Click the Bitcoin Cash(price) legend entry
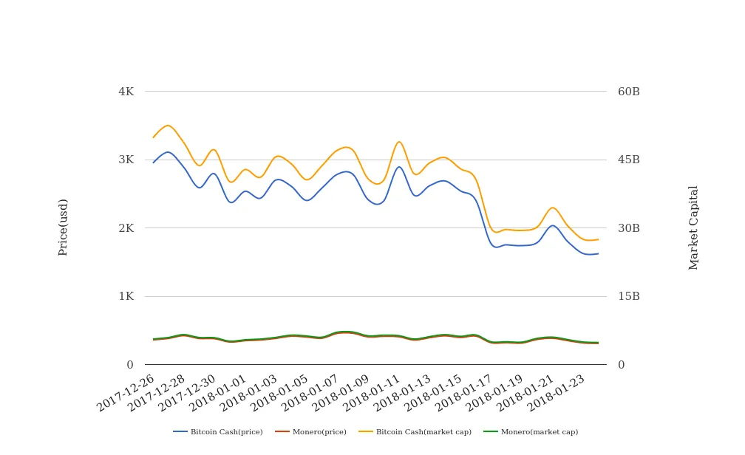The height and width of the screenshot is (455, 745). click(x=218, y=432)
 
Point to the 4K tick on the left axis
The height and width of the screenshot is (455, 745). click(x=126, y=92)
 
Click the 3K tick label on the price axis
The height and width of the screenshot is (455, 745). click(x=126, y=160)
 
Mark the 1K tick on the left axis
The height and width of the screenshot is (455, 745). click(x=126, y=296)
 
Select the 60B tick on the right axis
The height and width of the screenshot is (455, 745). click(x=629, y=92)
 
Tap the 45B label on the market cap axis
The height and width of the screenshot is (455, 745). click(x=629, y=160)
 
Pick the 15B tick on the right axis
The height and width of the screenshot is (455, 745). click(x=629, y=296)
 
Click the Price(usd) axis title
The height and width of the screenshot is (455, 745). click(x=64, y=227)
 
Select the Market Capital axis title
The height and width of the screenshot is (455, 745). click(x=694, y=227)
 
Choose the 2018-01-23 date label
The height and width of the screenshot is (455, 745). click(x=557, y=392)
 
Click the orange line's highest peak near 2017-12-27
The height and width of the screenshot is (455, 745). click(x=169, y=126)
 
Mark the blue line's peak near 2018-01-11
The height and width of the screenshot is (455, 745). click(x=399, y=166)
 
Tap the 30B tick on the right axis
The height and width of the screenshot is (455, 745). click(x=629, y=228)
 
